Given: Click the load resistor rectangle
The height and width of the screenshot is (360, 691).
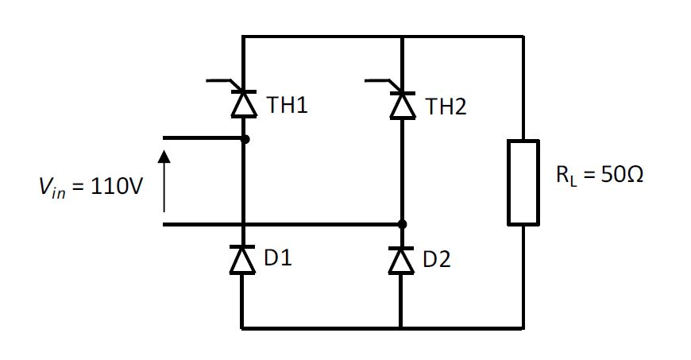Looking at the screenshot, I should tap(523, 182).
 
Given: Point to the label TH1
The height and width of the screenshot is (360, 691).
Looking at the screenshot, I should tap(287, 106).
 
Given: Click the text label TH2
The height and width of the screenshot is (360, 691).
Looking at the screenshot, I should tap(446, 106).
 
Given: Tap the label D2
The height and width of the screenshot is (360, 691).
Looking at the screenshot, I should tap(437, 259).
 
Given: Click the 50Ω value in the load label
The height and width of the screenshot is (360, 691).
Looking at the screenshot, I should tap(621, 176).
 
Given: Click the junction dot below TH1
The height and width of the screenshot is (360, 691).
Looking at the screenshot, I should tap(244, 139).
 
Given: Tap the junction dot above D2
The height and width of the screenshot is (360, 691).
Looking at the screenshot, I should tap(402, 225).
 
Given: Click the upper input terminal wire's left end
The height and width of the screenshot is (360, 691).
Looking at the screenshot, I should tap(164, 138).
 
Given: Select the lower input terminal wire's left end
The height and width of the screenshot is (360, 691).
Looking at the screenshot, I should tap(164, 225).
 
